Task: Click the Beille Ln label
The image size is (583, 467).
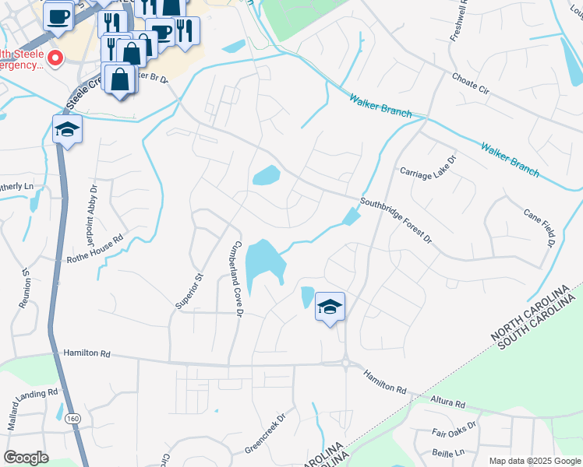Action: (x=447, y=451)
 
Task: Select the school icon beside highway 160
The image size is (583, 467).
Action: (x=67, y=129)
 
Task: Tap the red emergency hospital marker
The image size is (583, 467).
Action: (x=55, y=58)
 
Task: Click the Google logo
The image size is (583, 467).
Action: (x=26, y=458)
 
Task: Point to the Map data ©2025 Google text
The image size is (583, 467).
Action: (x=534, y=461)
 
